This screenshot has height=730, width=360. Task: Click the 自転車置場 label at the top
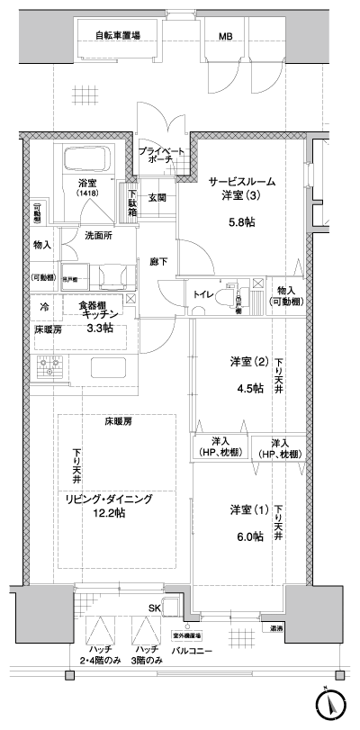tap(118, 36)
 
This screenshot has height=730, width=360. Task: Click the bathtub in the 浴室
tap(86, 161)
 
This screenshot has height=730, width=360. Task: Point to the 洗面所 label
tap(98, 236)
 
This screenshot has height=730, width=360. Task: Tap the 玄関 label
tap(157, 197)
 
